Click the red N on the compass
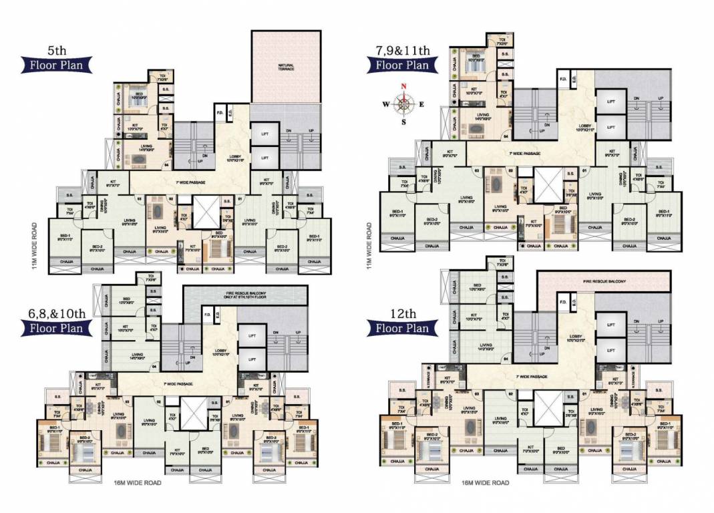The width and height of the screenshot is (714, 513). pos(403,85)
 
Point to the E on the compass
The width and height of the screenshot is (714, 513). pos(421,104)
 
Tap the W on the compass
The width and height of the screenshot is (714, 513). pos(385,104)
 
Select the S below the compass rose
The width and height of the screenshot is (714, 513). pos(403,122)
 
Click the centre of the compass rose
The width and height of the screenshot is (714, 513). pos(403,104)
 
